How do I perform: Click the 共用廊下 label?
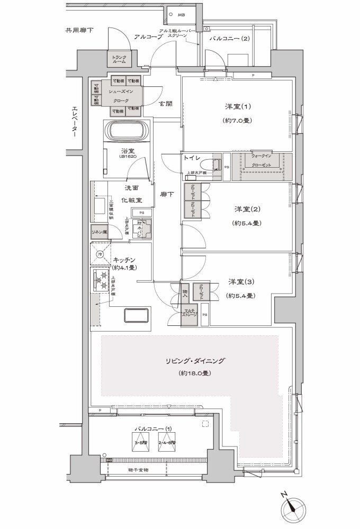point(79,31)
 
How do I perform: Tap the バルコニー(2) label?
point(229,39)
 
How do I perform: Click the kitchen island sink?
point(137,315)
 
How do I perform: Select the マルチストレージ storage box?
point(190,312)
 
